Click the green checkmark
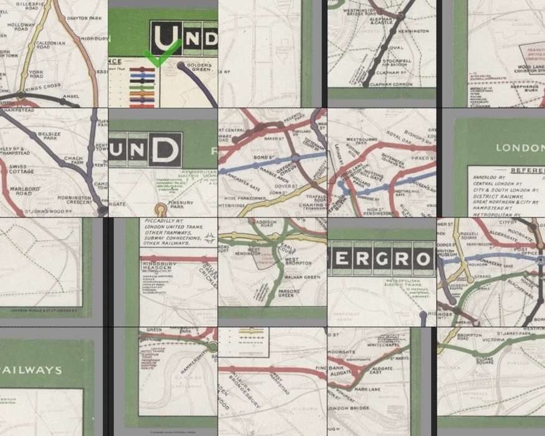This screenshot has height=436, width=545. pos(161,54)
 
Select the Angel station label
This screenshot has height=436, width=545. pos(72,97)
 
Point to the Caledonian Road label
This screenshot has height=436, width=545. pos(50,46)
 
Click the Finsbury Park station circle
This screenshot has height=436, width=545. pos(161,208)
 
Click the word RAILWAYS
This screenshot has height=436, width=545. pos(31,370)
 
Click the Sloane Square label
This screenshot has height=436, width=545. pos(485,362)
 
